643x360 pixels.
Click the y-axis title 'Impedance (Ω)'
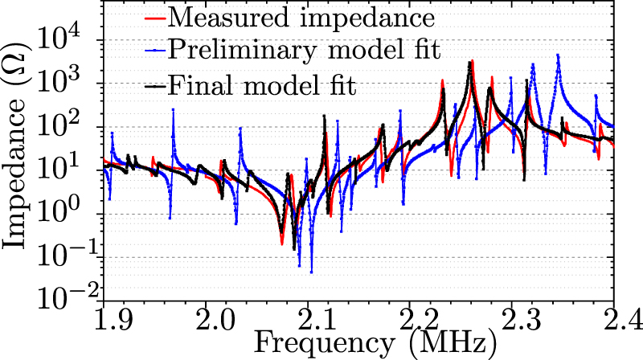click(x=18, y=153)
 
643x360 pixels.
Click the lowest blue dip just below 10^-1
click(x=311, y=272)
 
